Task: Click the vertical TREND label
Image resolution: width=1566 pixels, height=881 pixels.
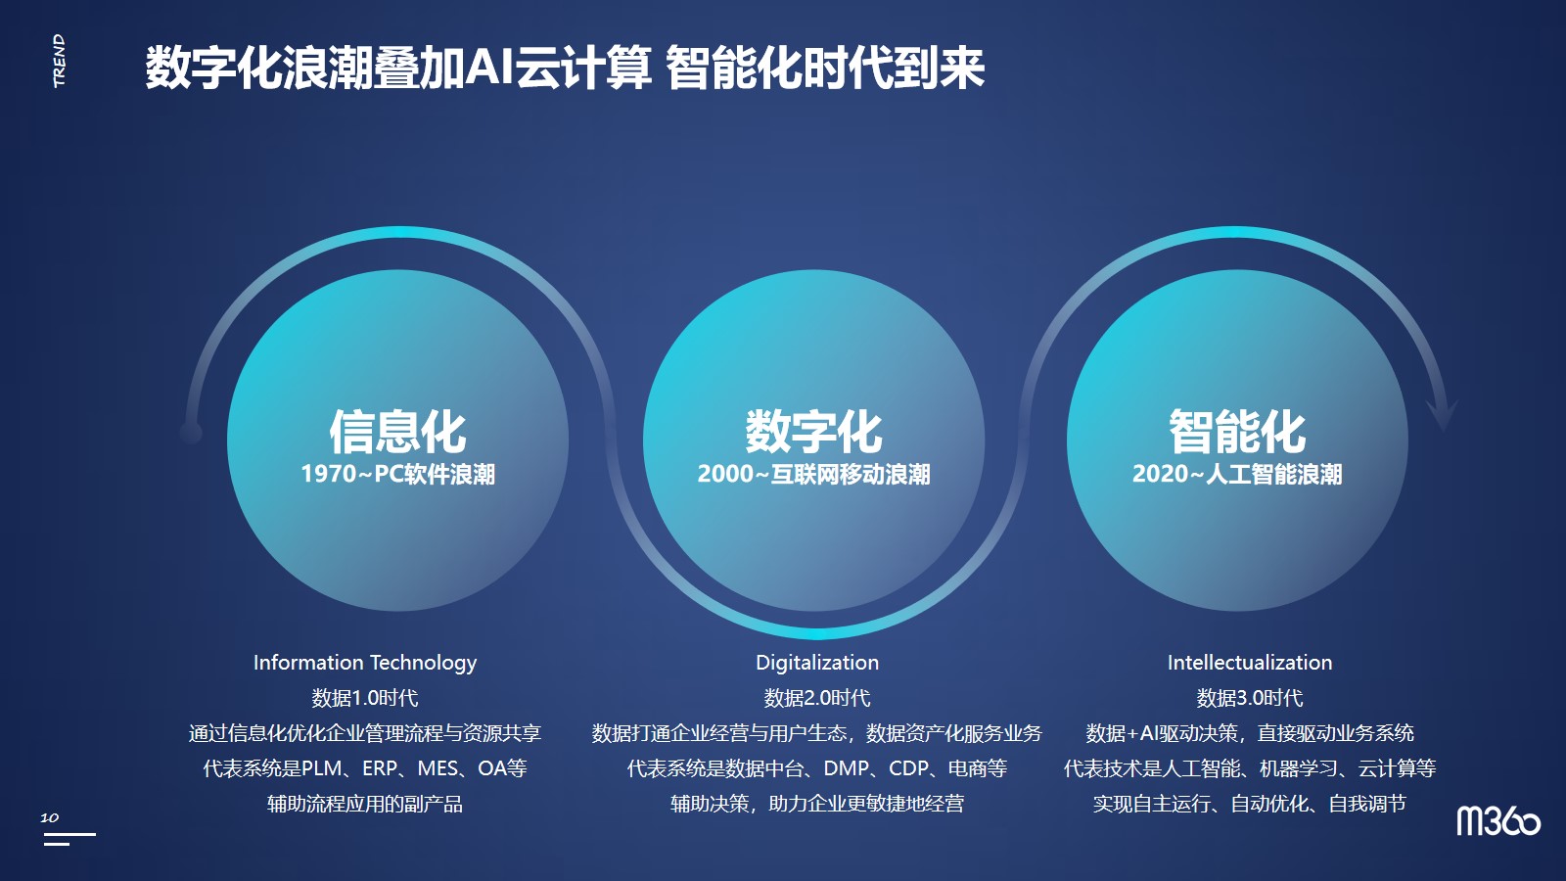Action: [x=60, y=61]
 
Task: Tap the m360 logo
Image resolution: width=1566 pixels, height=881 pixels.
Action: [x=1498, y=821]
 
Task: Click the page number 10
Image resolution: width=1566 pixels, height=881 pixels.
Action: [x=50, y=816]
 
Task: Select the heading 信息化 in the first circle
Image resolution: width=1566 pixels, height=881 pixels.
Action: [x=397, y=432]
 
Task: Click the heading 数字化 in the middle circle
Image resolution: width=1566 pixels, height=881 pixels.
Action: [x=813, y=432]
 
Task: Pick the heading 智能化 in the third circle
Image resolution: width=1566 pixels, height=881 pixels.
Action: [x=1237, y=432]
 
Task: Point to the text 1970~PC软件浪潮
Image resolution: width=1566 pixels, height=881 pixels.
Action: [x=397, y=474]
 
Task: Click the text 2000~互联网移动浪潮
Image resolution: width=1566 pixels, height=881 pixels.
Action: [x=813, y=474]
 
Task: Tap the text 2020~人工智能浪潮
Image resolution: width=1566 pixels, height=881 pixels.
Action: [x=1237, y=474]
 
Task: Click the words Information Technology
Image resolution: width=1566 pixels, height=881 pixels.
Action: [x=365, y=662]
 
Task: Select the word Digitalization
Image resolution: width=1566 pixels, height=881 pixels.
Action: [x=817, y=662]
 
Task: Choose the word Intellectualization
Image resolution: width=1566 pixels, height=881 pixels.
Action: [x=1250, y=662]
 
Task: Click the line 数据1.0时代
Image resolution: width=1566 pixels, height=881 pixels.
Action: [x=365, y=698]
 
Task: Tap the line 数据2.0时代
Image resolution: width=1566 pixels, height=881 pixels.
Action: [x=817, y=698]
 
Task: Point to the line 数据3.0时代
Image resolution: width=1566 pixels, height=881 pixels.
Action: [x=1250, y=698]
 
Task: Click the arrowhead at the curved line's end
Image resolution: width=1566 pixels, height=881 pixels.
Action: [x=1442, y=417]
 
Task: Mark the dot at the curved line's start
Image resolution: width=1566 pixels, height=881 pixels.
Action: [x=191, y=433]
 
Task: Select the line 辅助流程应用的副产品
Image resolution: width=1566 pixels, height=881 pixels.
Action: [x=365, y=804]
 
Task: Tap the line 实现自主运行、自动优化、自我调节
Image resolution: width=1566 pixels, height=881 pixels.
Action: [x=1250, y=804]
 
